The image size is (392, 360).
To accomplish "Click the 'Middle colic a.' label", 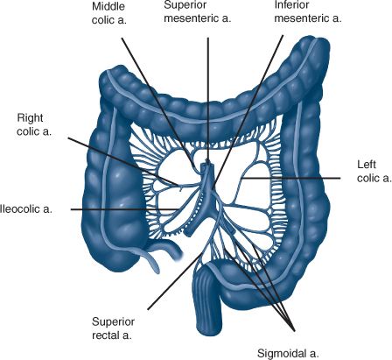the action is tap(109, 13).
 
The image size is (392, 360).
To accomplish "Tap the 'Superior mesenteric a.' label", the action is tap(198, 11).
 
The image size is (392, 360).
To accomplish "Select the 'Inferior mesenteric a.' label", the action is tap(308, 11).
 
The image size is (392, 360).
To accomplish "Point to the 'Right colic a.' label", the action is tap(34, 124).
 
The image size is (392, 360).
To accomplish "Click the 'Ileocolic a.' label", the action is tap(26, 209).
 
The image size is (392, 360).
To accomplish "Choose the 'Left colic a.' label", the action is tap(374, 172).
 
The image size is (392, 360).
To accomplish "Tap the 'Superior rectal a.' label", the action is tap(113, 328).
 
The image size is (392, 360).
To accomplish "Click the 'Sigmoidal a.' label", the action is tap(288, 354).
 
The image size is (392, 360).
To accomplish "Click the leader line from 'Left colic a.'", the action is tap(291, 178).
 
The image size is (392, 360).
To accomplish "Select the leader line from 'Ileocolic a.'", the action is tap(126, 209).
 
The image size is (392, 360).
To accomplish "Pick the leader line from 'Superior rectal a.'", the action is tap(175, 281).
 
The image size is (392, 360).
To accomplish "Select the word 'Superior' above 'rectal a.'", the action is tap(113, 321).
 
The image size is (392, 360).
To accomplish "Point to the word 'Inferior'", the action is tap(291, 5).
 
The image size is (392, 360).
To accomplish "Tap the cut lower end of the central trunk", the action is tap(189, 231).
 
